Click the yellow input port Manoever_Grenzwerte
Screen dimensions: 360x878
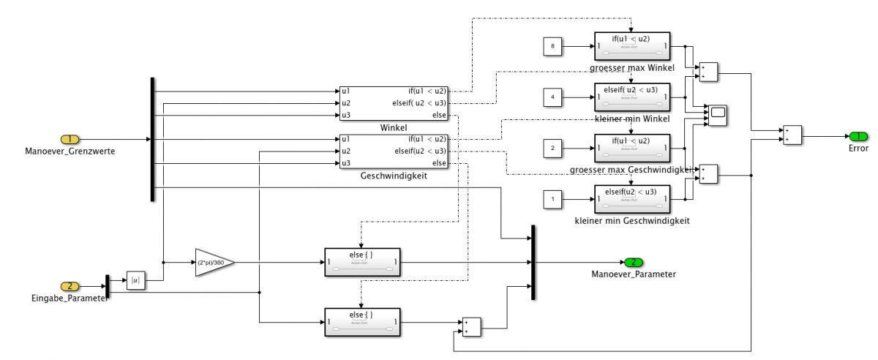[70, 139]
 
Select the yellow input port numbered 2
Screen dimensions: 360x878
[70, 286]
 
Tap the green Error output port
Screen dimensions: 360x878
[858, 136]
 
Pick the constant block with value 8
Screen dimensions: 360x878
[552, 48]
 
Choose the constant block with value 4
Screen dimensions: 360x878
[552, 98]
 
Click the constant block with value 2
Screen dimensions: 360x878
[552, 149]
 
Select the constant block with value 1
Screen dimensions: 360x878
[552, 199]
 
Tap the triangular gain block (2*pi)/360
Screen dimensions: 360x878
[213, 261]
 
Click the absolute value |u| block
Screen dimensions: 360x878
[135, 280]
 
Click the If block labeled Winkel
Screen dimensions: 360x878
[393, 103]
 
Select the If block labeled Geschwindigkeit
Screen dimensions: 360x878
[393, 151]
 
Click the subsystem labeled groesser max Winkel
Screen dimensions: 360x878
[631, 48]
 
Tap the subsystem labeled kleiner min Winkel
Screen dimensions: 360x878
[631, 98]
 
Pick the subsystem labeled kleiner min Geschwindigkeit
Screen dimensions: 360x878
[631, 199]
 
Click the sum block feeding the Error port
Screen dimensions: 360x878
[792, 135]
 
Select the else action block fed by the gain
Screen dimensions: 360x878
[361, 262]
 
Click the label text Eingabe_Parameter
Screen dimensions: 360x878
[70, 299]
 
